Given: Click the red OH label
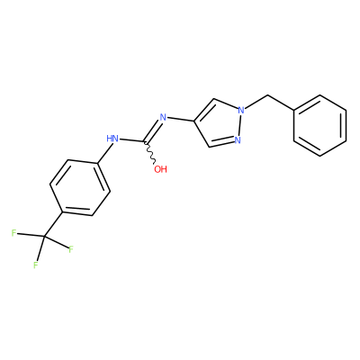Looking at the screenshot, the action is pos(160,169).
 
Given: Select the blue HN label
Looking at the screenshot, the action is pos(112,139).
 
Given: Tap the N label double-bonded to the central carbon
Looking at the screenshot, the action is pos(163,117).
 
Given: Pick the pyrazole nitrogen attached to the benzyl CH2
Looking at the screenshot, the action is pos(241,110).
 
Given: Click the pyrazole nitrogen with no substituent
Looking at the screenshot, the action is pos(238,139).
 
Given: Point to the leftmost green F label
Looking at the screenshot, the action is pos(13,233).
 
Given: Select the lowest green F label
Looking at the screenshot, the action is pos(36,265).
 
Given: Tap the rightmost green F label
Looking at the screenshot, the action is pos(71,249).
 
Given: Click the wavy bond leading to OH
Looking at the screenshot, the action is pos(150,153).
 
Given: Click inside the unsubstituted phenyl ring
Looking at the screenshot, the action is pos(319,126).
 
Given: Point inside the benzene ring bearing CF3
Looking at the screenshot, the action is pos(80,187).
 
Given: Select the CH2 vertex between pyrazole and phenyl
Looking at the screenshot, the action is pos(266,96).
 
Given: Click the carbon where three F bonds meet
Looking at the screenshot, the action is pos(44,238).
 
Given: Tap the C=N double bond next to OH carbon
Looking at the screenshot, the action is pos(153,130).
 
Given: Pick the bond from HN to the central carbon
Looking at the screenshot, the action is pos(132,139).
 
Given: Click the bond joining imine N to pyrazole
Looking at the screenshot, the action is pos(181,120).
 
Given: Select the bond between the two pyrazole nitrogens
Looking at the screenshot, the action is pos(239,125).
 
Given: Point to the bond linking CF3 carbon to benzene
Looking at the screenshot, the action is pos(53,225).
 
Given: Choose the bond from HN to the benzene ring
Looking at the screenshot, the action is pos(105,153).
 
